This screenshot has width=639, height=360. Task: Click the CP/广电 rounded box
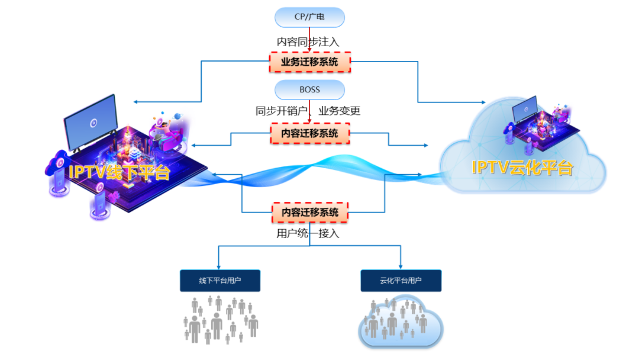pos(309,17)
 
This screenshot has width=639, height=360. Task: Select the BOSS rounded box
pos(309,90)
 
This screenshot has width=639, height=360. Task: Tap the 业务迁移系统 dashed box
pos(309,62)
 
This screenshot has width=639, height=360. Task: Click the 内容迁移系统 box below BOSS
pos(309,133)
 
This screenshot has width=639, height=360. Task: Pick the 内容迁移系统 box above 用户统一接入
pos(309,212)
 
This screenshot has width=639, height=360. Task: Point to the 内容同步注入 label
pos(308,42)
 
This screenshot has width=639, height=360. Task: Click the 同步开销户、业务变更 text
pos(308,111)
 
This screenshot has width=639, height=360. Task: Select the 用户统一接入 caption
pos(308,233)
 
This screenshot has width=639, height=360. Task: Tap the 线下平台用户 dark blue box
pos(220,281)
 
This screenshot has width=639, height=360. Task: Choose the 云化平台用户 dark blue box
pos(401,281)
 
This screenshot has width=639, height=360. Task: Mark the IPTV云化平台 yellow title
pos(522,167)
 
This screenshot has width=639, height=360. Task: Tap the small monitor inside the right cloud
pos(525,109)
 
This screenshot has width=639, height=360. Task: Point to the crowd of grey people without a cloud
pos(221,320)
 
